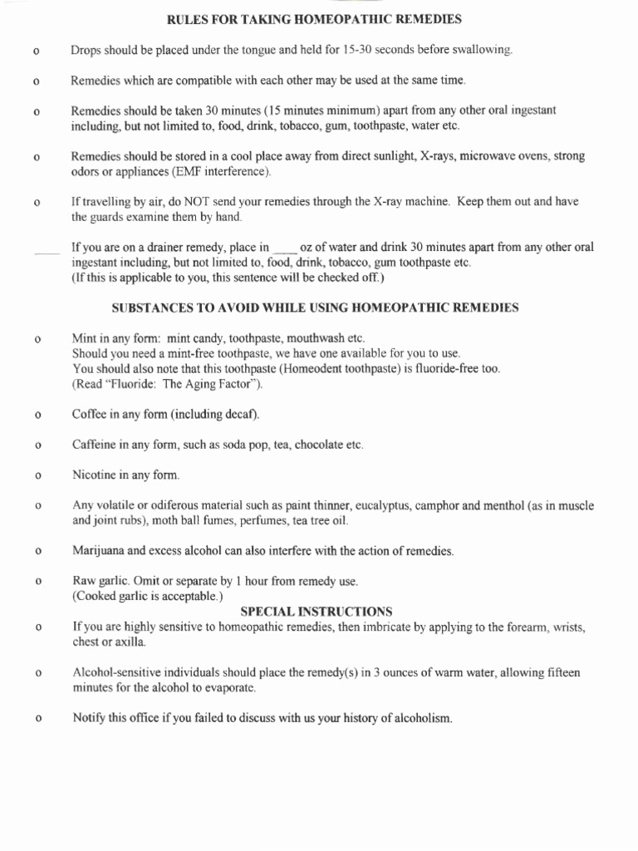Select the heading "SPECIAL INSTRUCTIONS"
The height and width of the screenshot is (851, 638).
click(x=317, y=611)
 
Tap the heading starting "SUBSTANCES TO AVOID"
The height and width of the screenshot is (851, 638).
click(x=315, y=307)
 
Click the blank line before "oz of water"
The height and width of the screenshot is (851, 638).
click(x=284, y=247)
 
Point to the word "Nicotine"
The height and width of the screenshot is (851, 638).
click(x=96, y=475)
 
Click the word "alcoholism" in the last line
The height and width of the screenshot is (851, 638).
click(x=423, y=718)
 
